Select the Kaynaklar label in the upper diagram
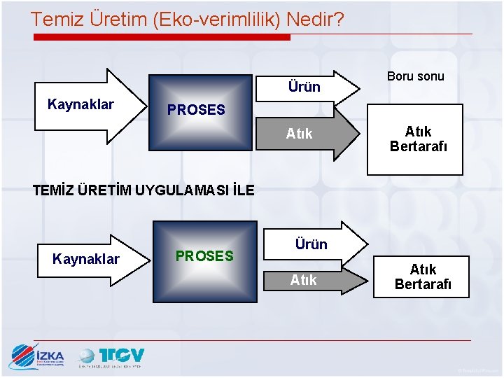tap(80, 104)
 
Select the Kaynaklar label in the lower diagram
tap(86, 259)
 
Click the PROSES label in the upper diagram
tap(196, 110)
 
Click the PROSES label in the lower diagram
tap(204, 256)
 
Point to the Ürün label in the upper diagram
tap(304, 87)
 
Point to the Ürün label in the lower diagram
tap(311, 244)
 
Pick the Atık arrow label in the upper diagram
tap(300, 134)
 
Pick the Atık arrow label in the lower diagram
tap(304, 280)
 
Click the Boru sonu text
tap(416, 76)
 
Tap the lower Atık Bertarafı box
tap(423, 276)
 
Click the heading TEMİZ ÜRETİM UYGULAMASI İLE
tap(144, 190)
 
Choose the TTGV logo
tap(112, 357)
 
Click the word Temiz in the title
tap(57, 19)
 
